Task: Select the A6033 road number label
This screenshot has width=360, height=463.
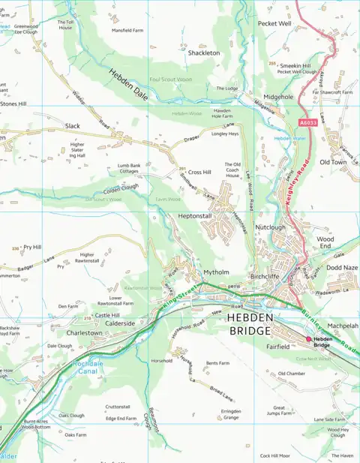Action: [307, 122]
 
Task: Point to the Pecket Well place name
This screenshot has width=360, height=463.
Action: [274, 24]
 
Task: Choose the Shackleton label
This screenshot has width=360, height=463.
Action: [203, 53]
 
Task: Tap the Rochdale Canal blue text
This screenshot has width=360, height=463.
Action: [84, 368]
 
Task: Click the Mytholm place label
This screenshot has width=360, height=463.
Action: [216, 272]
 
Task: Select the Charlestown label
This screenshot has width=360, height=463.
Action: [85, 332]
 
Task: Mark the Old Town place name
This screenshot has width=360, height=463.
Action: [333, 162]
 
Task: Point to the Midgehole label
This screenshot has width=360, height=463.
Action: [278, 97]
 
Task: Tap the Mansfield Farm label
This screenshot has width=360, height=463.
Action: [127, 31]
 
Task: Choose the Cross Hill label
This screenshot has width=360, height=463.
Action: [199, 172]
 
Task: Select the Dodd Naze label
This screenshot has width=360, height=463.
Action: [341, 267]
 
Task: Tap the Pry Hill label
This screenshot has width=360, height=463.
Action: [32, 247]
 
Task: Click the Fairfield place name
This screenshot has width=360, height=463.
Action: [277, 347]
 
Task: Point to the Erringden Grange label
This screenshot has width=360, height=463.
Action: [230, 413]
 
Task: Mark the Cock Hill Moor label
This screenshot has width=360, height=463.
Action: [274, 455]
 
